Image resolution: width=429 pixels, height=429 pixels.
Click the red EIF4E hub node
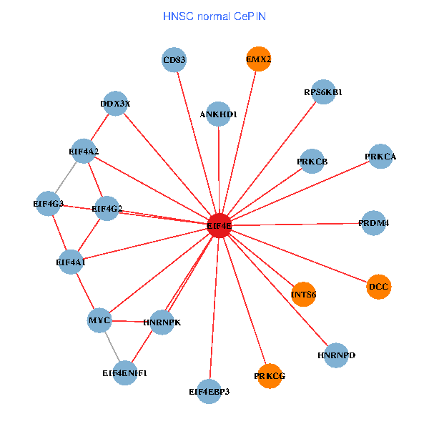[x=220, y=225]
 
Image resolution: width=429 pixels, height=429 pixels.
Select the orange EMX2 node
[x=258, y=60]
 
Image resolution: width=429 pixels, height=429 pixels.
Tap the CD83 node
[x=174, y=60]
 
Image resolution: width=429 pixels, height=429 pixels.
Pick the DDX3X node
[x=115, y=104]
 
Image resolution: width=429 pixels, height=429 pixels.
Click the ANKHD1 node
[x=218, y=114]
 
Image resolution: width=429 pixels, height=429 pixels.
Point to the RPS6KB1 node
[x=323, y=92]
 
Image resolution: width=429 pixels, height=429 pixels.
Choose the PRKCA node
[x=380, y=157]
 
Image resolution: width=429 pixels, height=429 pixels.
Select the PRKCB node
[x=312, y=162]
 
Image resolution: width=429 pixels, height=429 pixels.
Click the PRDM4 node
[x=374, y=223]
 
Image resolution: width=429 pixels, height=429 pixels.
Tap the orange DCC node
[x=379, y=287]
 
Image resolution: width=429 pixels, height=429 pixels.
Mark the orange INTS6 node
[x=304, y=294]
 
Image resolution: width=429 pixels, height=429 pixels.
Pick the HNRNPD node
[x=336, y=355]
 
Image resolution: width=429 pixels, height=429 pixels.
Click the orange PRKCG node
[x=270, y=375]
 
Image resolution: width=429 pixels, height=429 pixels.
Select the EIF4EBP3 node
[x=209, y=391]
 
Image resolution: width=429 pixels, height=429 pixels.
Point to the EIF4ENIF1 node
[x=124, y=373]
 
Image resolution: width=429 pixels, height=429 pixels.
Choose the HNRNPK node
[x=162, y=322]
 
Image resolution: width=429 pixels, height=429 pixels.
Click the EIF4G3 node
[x=49, y=204]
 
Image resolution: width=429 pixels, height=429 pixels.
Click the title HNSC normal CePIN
[x=214, y=16]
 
